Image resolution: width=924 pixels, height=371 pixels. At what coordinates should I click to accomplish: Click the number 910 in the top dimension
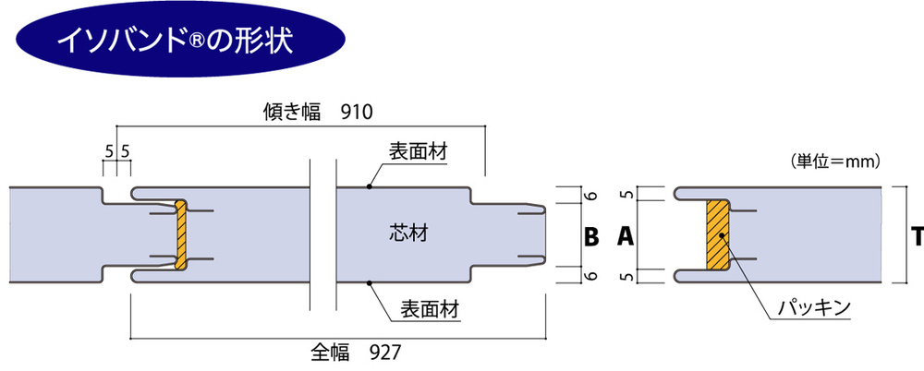coord(356,113)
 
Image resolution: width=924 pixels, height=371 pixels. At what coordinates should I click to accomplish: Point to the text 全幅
coord(330,352)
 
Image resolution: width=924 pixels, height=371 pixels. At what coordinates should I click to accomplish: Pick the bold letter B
coord(591,237)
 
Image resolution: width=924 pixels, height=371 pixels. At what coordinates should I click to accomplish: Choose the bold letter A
coord(625,237)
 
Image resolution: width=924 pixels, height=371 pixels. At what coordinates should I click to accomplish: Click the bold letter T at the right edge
coord(917,237)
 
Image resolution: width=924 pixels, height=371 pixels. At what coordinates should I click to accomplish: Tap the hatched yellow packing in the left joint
coord(182,236)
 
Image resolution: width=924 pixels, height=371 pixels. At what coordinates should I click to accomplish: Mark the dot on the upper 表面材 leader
coord(369,187)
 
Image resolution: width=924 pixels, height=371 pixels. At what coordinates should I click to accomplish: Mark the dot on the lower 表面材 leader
coord(369,282)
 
